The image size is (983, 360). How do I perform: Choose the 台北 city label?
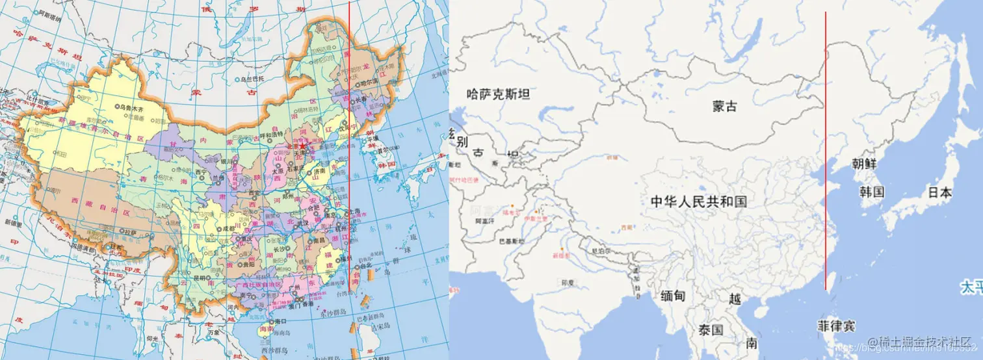[365, 266]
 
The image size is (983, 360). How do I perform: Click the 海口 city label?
[280, 322]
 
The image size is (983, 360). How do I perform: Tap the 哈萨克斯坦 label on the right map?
[499, 94]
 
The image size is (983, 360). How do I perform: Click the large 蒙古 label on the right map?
[725, 106]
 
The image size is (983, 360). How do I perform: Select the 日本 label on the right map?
[939, 192]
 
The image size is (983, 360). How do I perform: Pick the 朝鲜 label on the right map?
[865, 164]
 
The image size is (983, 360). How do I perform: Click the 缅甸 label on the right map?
[672, 296]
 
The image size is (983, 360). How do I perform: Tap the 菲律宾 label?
[836, 325]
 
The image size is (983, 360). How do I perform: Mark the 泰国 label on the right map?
[711, 329]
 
